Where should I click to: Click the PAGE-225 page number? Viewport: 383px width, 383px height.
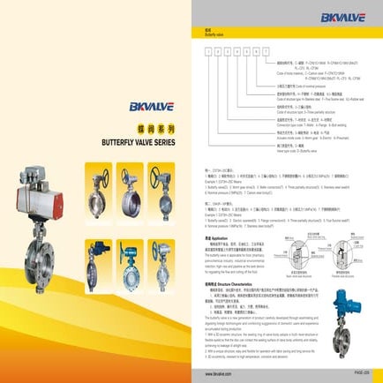(357, 374)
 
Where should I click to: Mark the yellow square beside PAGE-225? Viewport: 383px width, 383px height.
(374, 374)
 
